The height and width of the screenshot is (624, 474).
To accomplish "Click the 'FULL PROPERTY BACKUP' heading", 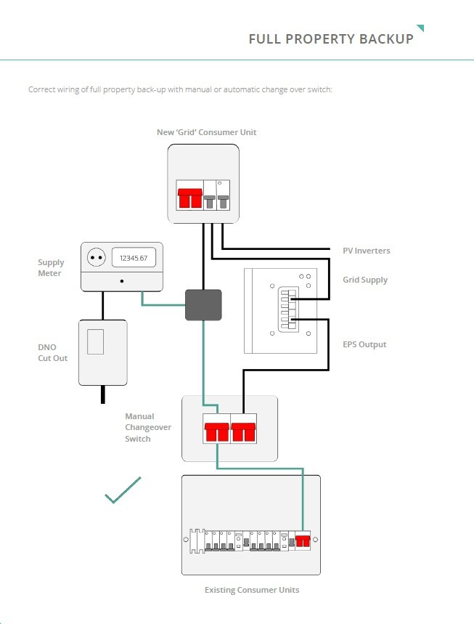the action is coord(331,39).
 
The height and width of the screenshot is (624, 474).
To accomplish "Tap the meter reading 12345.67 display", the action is coord(134,258).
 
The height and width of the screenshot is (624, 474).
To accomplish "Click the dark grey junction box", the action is coord(203,305).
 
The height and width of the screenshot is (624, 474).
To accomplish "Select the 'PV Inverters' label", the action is coord(367,251).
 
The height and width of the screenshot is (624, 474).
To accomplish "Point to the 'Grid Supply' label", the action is coord(365,280).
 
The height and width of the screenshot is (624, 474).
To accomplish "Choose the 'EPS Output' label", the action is coord(364,344).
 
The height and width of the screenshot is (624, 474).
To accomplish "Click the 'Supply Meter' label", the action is coord(51,268).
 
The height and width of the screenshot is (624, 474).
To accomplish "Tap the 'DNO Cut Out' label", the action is coord(52,352).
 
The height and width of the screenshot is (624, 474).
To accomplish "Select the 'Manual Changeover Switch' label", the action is coord(148,427).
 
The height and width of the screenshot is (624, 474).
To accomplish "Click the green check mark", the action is coord(123,490).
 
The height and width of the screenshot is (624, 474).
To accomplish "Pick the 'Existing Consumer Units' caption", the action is coord(252,590).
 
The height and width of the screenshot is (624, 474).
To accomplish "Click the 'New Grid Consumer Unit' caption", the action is coord(206,132).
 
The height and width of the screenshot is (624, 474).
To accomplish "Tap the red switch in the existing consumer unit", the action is coord(303,541).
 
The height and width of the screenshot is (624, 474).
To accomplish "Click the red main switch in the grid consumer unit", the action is coord(190,198).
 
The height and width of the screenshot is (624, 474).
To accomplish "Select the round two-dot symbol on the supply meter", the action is coord(97,257).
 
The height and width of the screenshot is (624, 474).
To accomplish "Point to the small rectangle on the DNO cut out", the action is coord(95,341).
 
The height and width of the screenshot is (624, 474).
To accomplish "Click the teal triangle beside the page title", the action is coord(421,28).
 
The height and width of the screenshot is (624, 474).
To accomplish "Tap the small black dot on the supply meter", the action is coord(122,281).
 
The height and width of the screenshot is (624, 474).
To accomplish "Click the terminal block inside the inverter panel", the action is coord(288,309).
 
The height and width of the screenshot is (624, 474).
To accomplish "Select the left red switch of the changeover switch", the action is coord(217,432).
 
